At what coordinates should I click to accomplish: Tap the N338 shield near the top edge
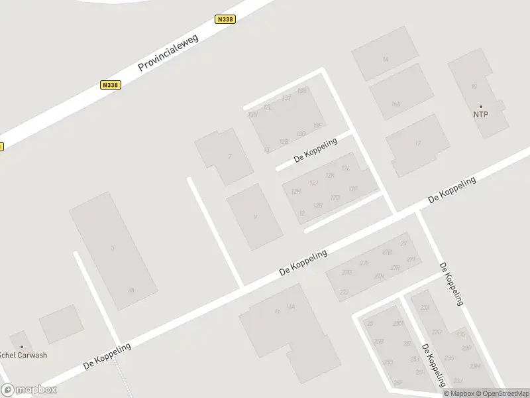[225, 20]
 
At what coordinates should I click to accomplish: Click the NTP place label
[480, 115]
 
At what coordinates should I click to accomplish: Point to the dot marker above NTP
[480, 106]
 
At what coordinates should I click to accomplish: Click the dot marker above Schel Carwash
[22, 346]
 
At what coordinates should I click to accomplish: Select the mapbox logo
[28, 390]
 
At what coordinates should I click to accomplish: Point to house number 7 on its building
[229, 157]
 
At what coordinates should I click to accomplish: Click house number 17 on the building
[417, 143]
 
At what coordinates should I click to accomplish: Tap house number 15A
[396, 103]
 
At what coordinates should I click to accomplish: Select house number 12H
[295, 191]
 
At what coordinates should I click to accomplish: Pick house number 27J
[344, 291]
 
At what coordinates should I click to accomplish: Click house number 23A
[425, 307]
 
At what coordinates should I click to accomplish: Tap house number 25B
[379, 342]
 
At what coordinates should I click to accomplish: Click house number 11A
[290, 306]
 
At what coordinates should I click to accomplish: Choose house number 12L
[344, 168]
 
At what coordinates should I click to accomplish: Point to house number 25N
[397, 323]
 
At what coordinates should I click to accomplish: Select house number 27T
[411, 259]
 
